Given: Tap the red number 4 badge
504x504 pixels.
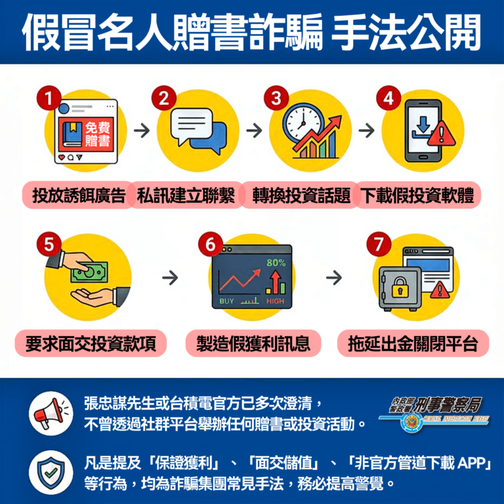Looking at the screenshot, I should coord(388,99).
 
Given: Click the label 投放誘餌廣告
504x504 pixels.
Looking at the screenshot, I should coord(79,196).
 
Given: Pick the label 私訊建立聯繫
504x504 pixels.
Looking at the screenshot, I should coord(186,196).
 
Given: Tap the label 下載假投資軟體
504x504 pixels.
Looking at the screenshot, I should coord(417,196).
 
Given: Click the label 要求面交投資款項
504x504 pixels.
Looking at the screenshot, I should coord(91,343).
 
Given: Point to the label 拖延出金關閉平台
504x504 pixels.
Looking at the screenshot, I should coord(413,343).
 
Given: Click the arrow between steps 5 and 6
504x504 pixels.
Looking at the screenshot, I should coord(170,278).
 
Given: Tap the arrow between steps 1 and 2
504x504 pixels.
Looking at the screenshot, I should coord(140,130).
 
